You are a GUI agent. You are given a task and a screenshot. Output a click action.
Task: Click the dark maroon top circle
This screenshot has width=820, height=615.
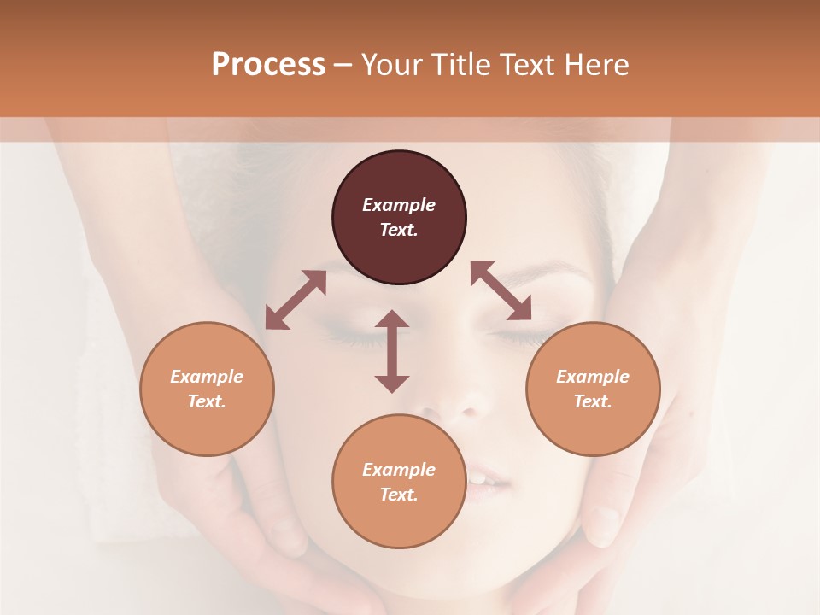pyautogui.click(x=399, y=218)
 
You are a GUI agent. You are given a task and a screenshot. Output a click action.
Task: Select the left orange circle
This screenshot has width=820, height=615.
pyautogui.click(x=207, y=389)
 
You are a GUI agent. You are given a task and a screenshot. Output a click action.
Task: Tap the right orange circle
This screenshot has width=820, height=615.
pyautogui.click(x=593, y=389)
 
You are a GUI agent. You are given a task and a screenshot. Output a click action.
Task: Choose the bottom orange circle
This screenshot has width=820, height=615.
pyautogui.click(x=399, y=481)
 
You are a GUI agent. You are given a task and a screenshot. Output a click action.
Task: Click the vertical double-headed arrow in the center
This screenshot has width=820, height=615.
pyautogui.click(x=392, y=351)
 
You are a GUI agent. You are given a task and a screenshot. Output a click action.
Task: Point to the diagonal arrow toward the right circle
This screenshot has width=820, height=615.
pyautogui.click(x=501, y=290)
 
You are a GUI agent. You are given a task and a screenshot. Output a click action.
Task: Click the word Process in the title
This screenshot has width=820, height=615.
pyautogui.click(x=268, y=64)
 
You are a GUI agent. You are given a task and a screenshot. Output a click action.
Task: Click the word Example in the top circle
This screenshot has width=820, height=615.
pyautogui.click(x=399, y=205)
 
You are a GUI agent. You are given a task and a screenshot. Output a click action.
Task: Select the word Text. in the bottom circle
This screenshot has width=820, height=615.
pyautogui.click(x=399, y=495)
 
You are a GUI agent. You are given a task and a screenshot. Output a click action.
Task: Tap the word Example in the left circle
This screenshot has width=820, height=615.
pyautogui.click(x=207, y=377)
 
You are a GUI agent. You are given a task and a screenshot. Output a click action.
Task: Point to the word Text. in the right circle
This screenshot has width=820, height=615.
pyautogui.click(x=593, y=401)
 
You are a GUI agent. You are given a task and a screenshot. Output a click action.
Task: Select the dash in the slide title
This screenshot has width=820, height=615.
pyautogui.click(x=343, y=65)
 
